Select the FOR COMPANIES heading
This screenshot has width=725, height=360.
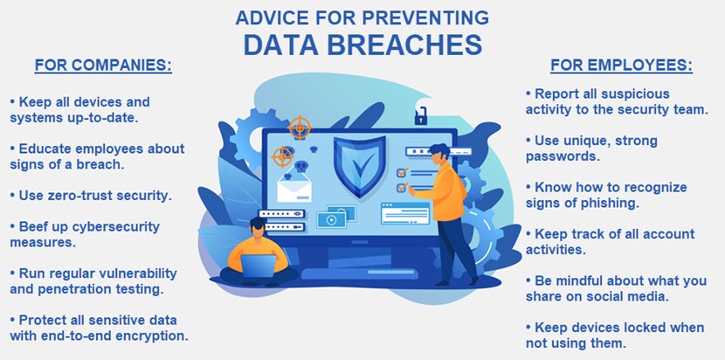coord(103,66)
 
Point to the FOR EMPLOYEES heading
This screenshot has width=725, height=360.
coord(621,66)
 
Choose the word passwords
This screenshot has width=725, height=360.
coord(563,156)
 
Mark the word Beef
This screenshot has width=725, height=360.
coord(32,226)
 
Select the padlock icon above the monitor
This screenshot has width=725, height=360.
coord(421,116)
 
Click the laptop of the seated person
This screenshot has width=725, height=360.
coord(259,266)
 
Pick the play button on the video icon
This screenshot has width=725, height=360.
coord(331,220)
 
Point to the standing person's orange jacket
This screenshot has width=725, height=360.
coord(445,190)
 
